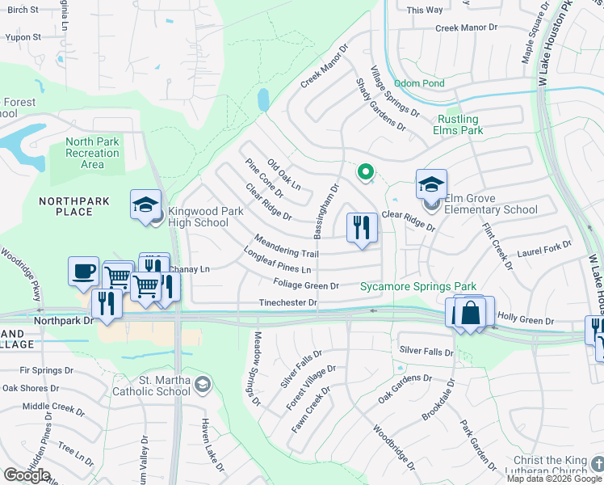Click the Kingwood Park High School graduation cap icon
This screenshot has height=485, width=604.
146,204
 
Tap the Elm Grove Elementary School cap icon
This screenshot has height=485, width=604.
431,185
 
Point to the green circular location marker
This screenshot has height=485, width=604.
365,171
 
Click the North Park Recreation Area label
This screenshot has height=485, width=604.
92,153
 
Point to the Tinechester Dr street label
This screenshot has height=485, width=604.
287,302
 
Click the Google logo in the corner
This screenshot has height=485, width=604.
27,475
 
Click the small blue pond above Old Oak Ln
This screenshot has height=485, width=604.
262,99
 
